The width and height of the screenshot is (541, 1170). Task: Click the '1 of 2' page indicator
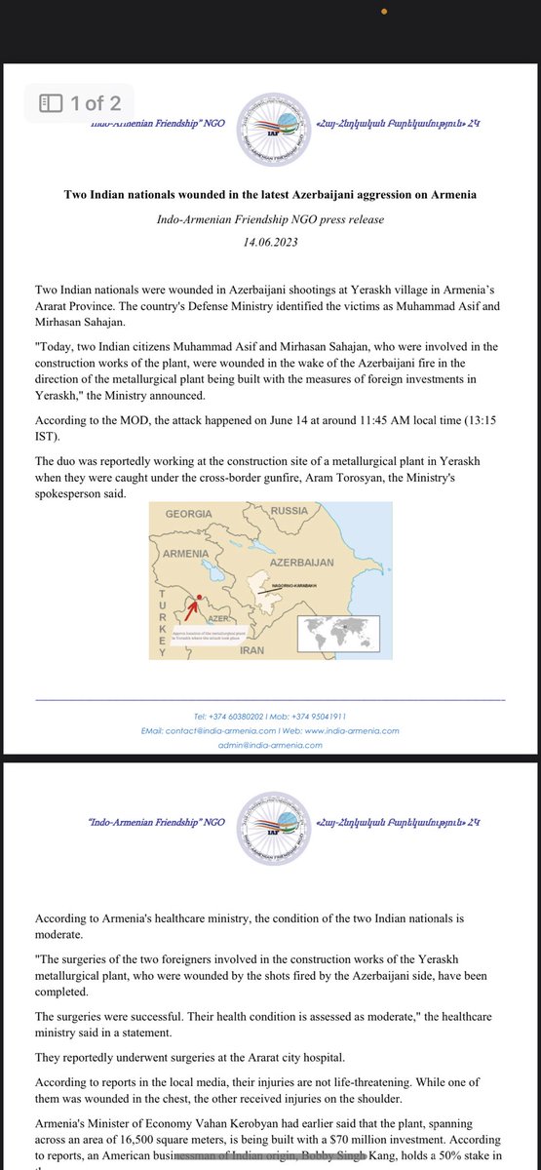(81, 102)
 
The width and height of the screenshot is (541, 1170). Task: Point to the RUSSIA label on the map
(289, 510)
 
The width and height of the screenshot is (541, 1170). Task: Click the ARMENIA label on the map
(186, 553)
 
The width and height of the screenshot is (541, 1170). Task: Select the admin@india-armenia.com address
(270, 745)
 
